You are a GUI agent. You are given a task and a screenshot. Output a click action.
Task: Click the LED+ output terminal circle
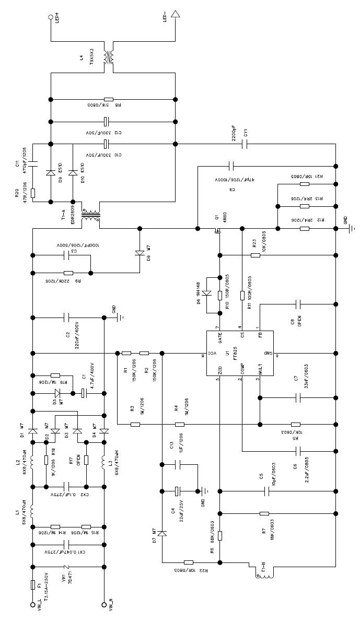point(51,17)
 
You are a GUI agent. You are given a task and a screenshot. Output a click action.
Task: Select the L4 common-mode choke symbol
point(109,57)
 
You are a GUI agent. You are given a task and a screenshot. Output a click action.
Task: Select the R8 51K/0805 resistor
point(109,99)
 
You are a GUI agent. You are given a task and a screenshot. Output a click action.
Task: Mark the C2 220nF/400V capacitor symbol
point(67,317)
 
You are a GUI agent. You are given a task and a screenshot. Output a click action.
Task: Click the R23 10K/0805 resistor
point(256,255)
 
